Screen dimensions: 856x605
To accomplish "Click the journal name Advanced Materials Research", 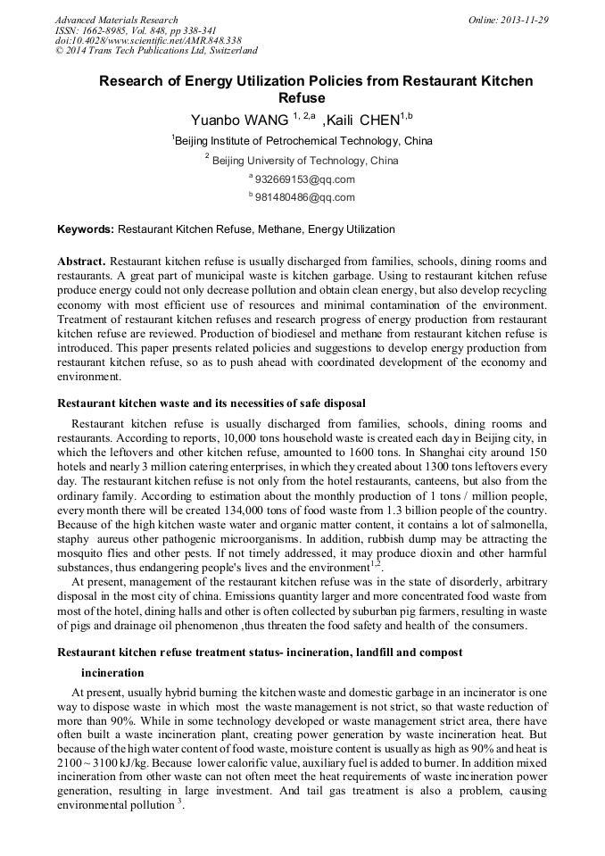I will pos(116,20).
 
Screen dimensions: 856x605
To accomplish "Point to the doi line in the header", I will pos(148,41).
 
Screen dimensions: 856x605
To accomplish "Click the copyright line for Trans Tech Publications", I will pos(156,52).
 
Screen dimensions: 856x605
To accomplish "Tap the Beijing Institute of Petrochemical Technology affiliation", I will pos(302,141).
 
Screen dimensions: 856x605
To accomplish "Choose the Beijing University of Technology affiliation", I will pos(302,161).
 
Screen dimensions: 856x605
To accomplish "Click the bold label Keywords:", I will pos(86,229).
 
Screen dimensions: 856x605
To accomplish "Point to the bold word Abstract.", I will pos(81,261).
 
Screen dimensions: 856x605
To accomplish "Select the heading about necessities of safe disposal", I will pos(211,403).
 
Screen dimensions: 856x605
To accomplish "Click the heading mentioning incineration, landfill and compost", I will pos(260,652).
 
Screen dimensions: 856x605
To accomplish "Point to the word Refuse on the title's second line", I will pos(302,97).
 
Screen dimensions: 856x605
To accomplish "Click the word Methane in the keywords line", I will pos(281,229).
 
